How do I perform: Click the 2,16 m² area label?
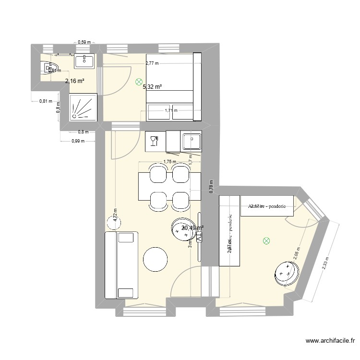coord(74,81)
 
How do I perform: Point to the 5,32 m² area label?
coord(152,87)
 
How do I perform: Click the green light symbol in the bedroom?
coord(139,82)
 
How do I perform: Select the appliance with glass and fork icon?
coord(154,141)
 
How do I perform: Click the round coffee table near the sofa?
coord(156,260)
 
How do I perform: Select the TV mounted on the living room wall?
coord(200,236)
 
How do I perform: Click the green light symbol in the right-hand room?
coord(266,241)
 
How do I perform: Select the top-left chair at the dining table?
coord(157,173)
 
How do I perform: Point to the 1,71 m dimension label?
coord(171,110)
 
